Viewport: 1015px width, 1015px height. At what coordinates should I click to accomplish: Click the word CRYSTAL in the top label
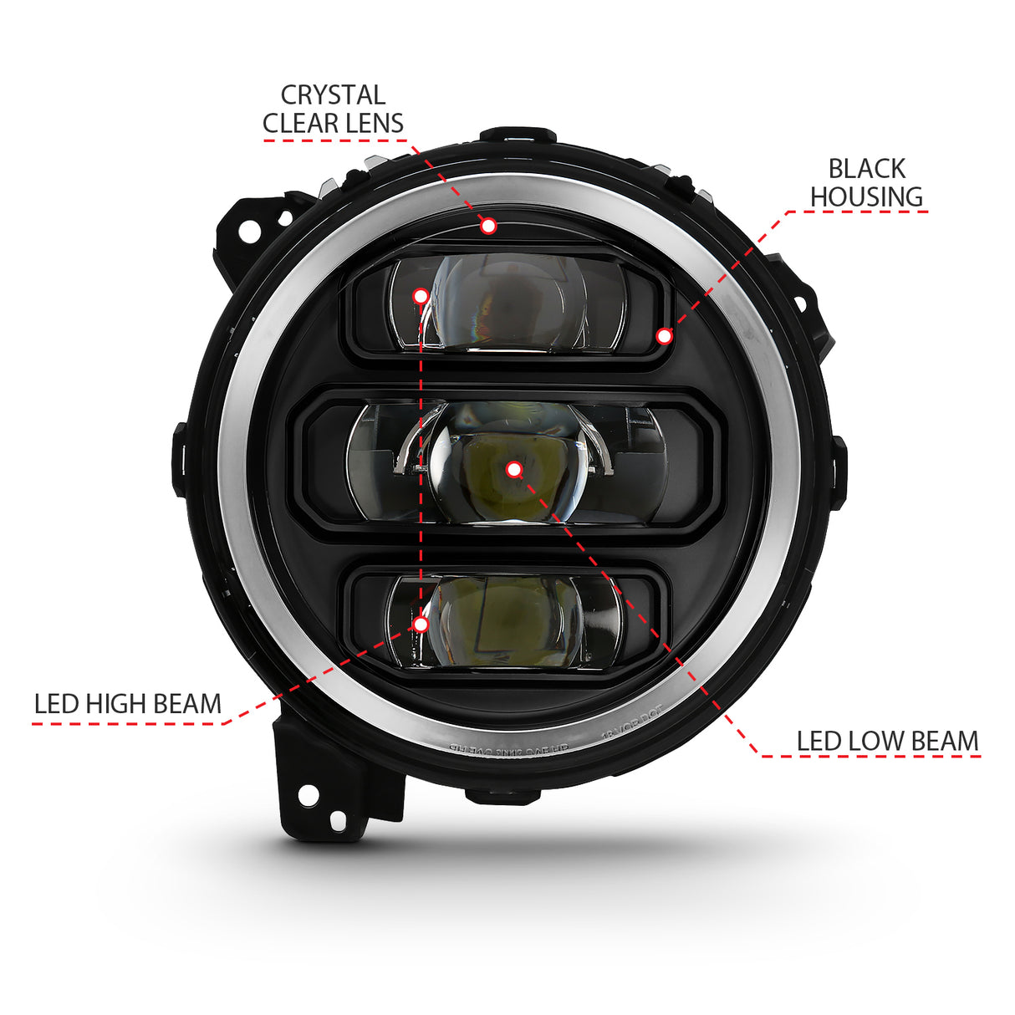pos(333,95)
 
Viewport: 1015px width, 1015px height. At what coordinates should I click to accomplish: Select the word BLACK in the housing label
pos(866,169)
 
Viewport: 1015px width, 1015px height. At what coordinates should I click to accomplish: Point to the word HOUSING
pos(866,197)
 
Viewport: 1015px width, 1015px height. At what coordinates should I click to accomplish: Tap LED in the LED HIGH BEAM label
pos(55,704)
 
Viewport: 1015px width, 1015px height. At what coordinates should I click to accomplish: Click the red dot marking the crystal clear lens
pos(488,225)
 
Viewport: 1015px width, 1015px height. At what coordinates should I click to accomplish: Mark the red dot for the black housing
pos(664,336)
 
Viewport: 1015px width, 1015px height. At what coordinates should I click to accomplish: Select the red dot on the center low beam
pos(514,470)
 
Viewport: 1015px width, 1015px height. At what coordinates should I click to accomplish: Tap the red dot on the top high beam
pos(421,295)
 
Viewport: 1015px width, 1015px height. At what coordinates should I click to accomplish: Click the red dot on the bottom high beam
pos(421,624)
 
